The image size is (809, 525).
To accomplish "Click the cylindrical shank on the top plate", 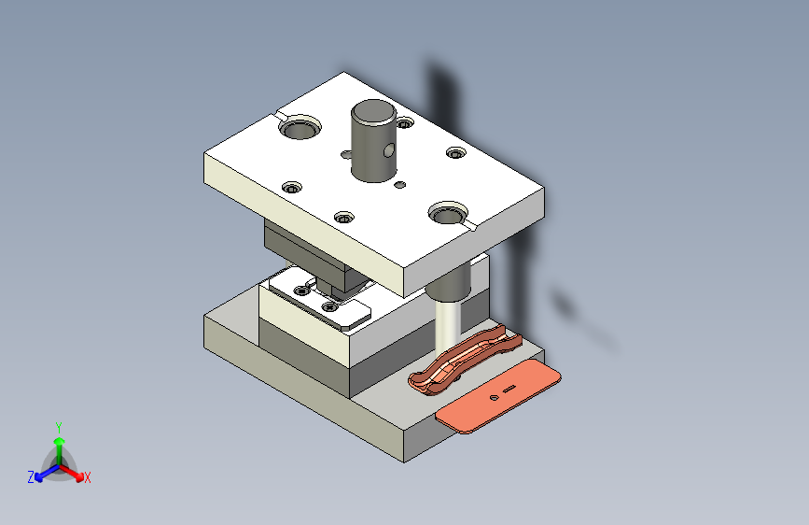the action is pyautogui.click(x=373, y=140).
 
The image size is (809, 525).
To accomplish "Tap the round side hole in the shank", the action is pyautogui.click(x=389, y=150).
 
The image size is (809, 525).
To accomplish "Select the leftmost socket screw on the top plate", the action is pyautogui.click(x=292, y=188).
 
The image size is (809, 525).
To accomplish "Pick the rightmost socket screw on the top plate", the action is pyautogui.click(x=456, y=153).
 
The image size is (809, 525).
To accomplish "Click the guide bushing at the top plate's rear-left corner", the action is pyautogui.click(x=300, y=127).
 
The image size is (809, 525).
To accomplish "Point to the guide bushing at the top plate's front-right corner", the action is pyautogui.click(x=448, y=213).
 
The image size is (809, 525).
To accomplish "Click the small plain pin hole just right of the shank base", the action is pyautogui.click(x=400, y=184).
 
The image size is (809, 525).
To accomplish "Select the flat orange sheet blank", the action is pyautogui.click(x=497, y=396).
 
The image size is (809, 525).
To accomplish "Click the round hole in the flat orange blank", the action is pyautogui.click(x=494, y=398).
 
